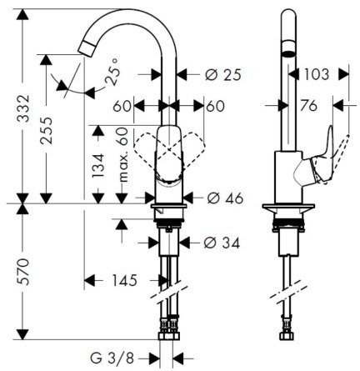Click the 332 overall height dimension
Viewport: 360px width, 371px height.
22,108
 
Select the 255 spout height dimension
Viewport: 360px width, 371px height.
46,130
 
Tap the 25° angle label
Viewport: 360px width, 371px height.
113,72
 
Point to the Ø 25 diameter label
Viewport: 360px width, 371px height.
222,75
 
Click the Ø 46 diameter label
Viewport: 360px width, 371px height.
225,198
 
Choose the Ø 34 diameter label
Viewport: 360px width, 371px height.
222,243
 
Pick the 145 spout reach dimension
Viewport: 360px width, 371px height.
125,280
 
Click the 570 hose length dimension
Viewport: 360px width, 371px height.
22,271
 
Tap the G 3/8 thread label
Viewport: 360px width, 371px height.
112,358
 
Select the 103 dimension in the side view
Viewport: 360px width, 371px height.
317,74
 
